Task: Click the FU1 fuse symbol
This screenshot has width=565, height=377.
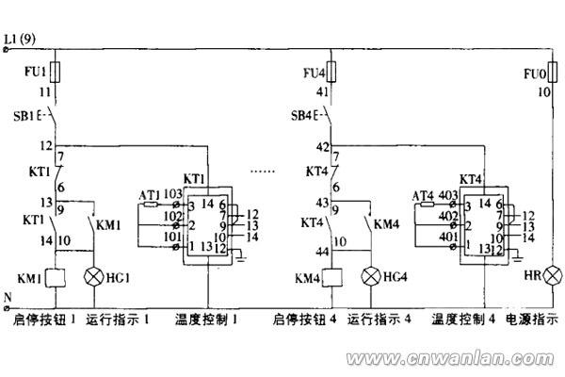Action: (x=57, y=71)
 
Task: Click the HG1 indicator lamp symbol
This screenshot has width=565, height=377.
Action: (x=93, y=277)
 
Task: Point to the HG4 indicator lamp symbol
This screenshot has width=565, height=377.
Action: (x=371, y=277)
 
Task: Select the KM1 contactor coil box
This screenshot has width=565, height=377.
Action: (x=57, y=278)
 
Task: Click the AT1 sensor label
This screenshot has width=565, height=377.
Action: (x=149, y=195)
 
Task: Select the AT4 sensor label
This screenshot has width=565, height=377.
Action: (x=423, y=195)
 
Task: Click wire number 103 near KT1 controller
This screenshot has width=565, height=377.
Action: (x=172, y=193)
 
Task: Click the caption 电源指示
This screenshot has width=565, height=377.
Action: (x=532, y=320)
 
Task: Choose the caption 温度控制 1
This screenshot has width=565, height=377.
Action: (x=209, y=320)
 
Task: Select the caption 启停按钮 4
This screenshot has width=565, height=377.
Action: (x=304, y=320)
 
